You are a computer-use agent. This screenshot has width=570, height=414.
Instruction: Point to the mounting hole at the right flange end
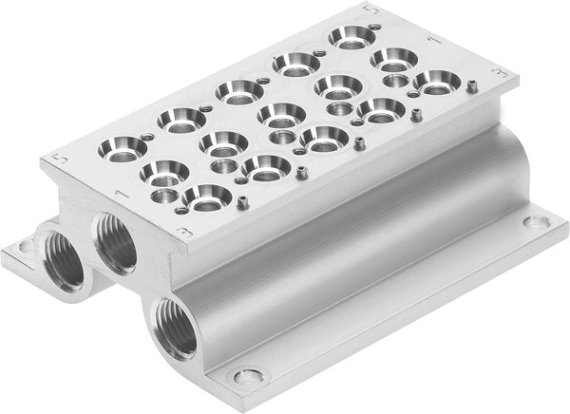pyautogui.click(x=541, y=222)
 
